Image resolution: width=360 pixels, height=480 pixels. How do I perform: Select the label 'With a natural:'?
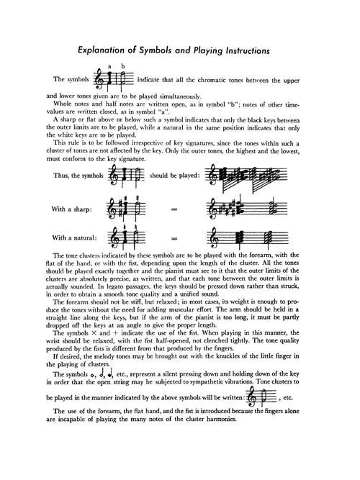pos(75,237)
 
